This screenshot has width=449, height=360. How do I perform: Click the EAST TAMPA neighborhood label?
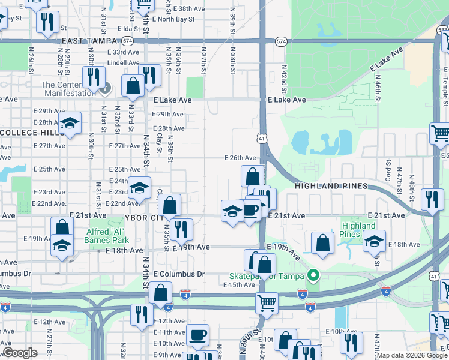pyautogui.click(x=89, y=41)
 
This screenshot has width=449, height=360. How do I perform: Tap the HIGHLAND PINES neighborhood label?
pyautogui.click(x=331, y=187)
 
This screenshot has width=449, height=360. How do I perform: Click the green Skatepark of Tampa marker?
pyautogui.click(x=312, y=276)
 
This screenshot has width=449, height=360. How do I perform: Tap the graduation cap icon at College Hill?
pyautogui.click(x=70, y=124)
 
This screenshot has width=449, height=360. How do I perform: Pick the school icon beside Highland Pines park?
pyautogui.click(x=373, y=241)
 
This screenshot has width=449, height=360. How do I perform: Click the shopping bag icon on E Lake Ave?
pyautogui.click(x=133, y=86)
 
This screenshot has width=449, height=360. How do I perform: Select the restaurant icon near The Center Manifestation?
pyautogui.click(x=94, y=77)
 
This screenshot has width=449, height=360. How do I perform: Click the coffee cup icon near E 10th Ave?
pyautogui.click(x=197, y=335)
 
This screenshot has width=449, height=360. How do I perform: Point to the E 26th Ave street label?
pyautogui.click(x=240, y=158)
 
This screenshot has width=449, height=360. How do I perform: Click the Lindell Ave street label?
pyautogui.click(x=124, y=62)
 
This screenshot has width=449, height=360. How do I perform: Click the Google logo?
pyautogui.click(x=20, y=353)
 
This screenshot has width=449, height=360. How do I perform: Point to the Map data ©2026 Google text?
pyautogui.click(x=412, y=355)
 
